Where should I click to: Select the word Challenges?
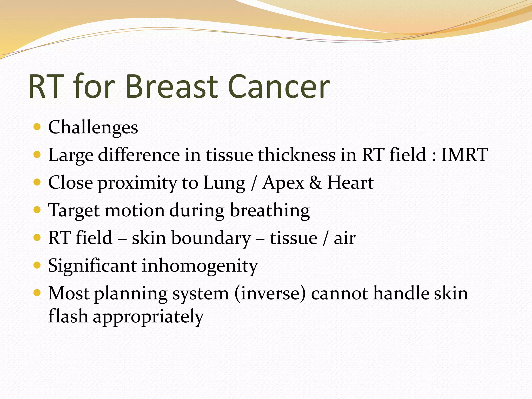pyautogui.click(x=93, y=127)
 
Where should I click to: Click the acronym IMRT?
pyautogui.click(x=464, y=155)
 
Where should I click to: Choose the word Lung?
pyautogui.click(x=224, y=183)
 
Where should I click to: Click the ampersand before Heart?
pyautogui.click(x=315, y=183)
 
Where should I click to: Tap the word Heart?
pyautogui.click(x=350, y=183)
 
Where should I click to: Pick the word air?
pyautogui.click(x=344, y=238)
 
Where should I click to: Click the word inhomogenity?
pyautogui.click(x=199, y=266)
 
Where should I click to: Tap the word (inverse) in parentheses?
pyautogui.click(x=270, y=294)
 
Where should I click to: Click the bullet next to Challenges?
pyautogui.click(x=37, y=127)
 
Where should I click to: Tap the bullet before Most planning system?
pyautogui.click(x=37, y=293)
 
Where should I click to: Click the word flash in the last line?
pyautogui.click(x=68, y=316)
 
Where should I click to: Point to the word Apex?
pyautogui.click(x=283, y=183)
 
